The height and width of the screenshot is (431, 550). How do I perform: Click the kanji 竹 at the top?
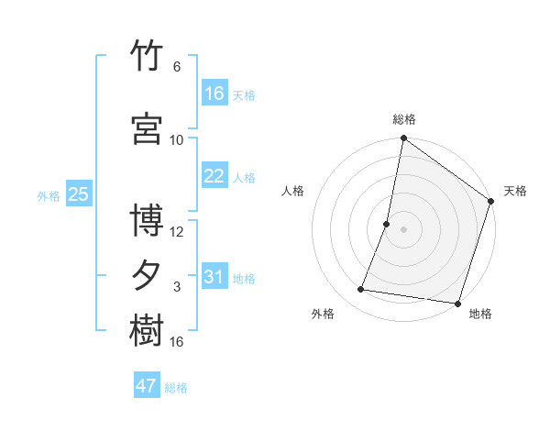pos(147,55)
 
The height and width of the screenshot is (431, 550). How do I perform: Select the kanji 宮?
pos(147,128)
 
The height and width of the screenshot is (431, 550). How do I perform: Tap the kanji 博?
pos(147,220)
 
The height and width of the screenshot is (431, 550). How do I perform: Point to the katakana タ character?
pos(146,275)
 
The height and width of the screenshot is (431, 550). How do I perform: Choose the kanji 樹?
pos(147,330)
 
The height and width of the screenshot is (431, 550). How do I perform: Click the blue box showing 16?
pos(214,93)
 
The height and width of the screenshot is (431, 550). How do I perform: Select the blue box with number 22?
pos(214,175)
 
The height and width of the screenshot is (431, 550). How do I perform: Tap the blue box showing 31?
pos(214,275)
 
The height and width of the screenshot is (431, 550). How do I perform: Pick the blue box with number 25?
pos(79,193)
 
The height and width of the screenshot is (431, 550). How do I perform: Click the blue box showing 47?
pos(147,384)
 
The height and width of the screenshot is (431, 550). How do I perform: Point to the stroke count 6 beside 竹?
pos(177,67)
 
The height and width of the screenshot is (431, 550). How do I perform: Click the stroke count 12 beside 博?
pos(176,232)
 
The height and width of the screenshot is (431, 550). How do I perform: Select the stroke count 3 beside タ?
pos(177,287)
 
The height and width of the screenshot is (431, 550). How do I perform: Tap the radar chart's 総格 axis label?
pos(404,119)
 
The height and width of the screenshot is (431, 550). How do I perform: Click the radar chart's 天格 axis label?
pos(515,191)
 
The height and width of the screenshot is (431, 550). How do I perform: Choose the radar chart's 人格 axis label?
pos(292,191)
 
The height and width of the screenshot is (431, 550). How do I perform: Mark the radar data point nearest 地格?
pos(457,304)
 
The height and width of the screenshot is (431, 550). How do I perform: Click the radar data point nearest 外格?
pos(360,289)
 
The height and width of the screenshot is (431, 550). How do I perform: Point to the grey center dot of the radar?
pos(403,229)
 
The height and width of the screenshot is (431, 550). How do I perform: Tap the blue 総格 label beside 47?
pos(176,388)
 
